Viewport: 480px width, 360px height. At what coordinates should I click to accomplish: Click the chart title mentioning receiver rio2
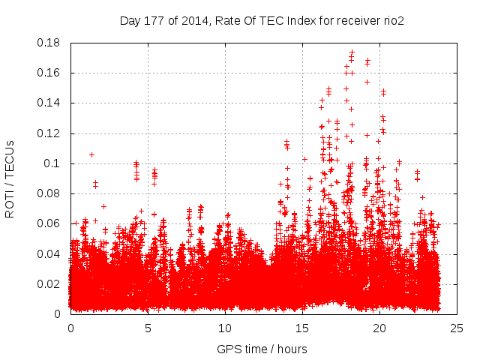pos(262,20)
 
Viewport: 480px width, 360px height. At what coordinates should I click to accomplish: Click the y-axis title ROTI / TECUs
pos(10,178)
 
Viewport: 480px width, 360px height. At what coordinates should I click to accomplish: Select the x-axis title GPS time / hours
pos(262,349)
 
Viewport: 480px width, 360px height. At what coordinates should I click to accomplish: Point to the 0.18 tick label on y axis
pos(49,43)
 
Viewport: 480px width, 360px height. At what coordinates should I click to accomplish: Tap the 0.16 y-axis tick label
pos(49,73)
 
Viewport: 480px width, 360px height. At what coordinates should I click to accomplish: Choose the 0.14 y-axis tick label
pos(49,103)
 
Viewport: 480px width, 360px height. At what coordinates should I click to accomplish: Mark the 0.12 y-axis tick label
pos(49,133)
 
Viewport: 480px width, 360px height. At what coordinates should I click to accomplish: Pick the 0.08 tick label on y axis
pos(49,193)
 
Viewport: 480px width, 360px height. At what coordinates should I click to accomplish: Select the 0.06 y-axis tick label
pos(49,223)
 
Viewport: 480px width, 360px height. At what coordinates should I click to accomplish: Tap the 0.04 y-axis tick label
pos(49,253)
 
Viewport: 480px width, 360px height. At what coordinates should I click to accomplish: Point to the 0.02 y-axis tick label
pos(49,283)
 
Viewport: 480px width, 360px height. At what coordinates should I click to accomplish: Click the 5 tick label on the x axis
pos(148,328)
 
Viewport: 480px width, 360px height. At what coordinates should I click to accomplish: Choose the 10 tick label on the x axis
pos(225,328)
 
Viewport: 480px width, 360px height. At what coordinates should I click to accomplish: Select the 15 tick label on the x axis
pos(302,328)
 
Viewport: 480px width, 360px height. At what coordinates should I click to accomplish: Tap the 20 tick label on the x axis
pos(379,328)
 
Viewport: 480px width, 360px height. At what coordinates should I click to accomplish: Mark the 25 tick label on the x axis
pos(457,328)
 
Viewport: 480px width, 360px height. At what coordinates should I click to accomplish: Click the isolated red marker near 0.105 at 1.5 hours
pos(91,154)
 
